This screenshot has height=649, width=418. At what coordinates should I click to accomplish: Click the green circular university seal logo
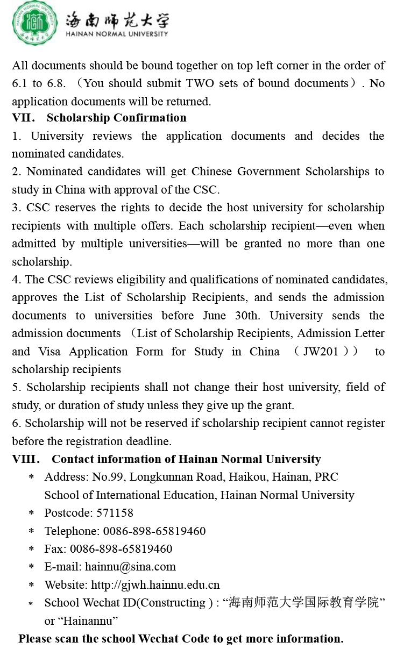click(x=35, y=24)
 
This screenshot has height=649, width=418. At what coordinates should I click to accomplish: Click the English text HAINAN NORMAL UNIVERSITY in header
click(x=117, y=34)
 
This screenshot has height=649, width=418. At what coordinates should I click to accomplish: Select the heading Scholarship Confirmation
click(x=117, y=118)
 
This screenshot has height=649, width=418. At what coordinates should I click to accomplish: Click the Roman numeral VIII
click(x=25, y=459)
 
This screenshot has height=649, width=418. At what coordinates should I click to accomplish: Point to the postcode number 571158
click(x=115, y=513)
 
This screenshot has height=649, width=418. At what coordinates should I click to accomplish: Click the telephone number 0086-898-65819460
click(x=154, y=531)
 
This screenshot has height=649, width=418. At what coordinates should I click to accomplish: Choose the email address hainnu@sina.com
click(x=130, y=567)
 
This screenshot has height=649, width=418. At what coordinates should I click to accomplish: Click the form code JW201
click(x=321, y=352)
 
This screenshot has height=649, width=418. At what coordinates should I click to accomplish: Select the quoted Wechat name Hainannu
click(x=89, y=621)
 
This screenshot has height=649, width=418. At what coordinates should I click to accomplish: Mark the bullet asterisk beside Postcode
click(x=31, y=514)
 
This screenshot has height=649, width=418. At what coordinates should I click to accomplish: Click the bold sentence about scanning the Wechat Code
click(x=181, y=639)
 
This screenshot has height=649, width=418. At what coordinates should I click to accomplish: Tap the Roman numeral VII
click(x=23, y=118)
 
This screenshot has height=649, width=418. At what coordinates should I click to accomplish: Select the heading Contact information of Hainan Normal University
click(x=186, y=459)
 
